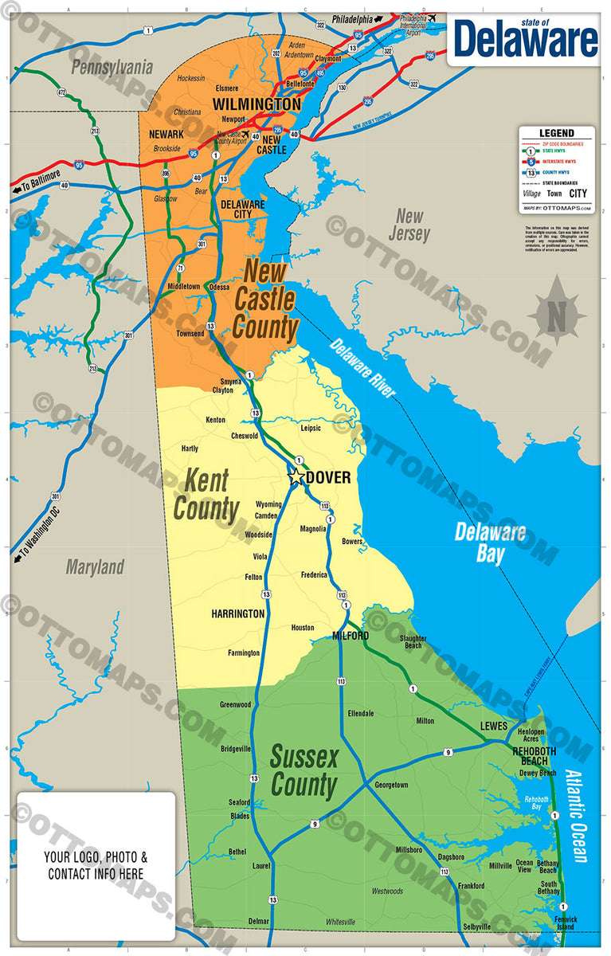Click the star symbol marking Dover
point(296,477)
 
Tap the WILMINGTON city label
point(257,104)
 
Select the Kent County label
point(206,495)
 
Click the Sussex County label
point(304,770)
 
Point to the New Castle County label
point(266,300)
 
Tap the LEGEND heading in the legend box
point(556,133)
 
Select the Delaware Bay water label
point(490,543)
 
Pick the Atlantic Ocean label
point(577,815)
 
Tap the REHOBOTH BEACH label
point(535,755)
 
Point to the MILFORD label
point(351,636)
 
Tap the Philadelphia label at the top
point(352,18)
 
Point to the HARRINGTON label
point(238,614)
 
